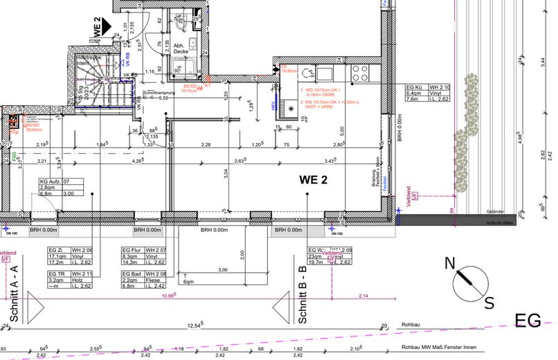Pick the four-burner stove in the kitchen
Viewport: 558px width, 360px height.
(x=361, y=71)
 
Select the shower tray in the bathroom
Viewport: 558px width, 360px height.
(x=182, y=66)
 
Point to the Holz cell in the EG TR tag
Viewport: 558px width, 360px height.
(x=87, y=280)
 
